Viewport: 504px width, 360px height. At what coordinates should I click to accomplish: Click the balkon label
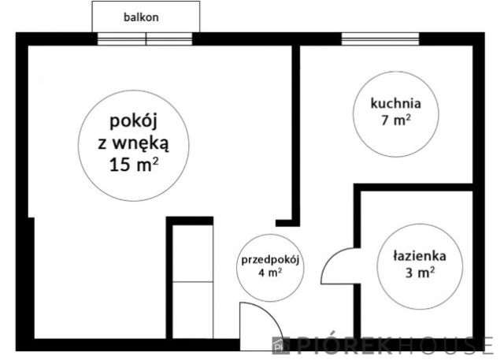(x=142, y=17)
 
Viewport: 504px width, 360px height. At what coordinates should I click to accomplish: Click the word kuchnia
(x=396, y=102)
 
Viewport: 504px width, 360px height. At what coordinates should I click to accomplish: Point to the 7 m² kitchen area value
(x=395, y=120)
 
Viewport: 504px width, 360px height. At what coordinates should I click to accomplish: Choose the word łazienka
(x=420, y=256)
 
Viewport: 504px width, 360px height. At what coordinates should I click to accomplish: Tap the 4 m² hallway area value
(x=270, y=274)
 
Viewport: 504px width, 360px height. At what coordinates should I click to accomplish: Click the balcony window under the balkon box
(x=145, y=39)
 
